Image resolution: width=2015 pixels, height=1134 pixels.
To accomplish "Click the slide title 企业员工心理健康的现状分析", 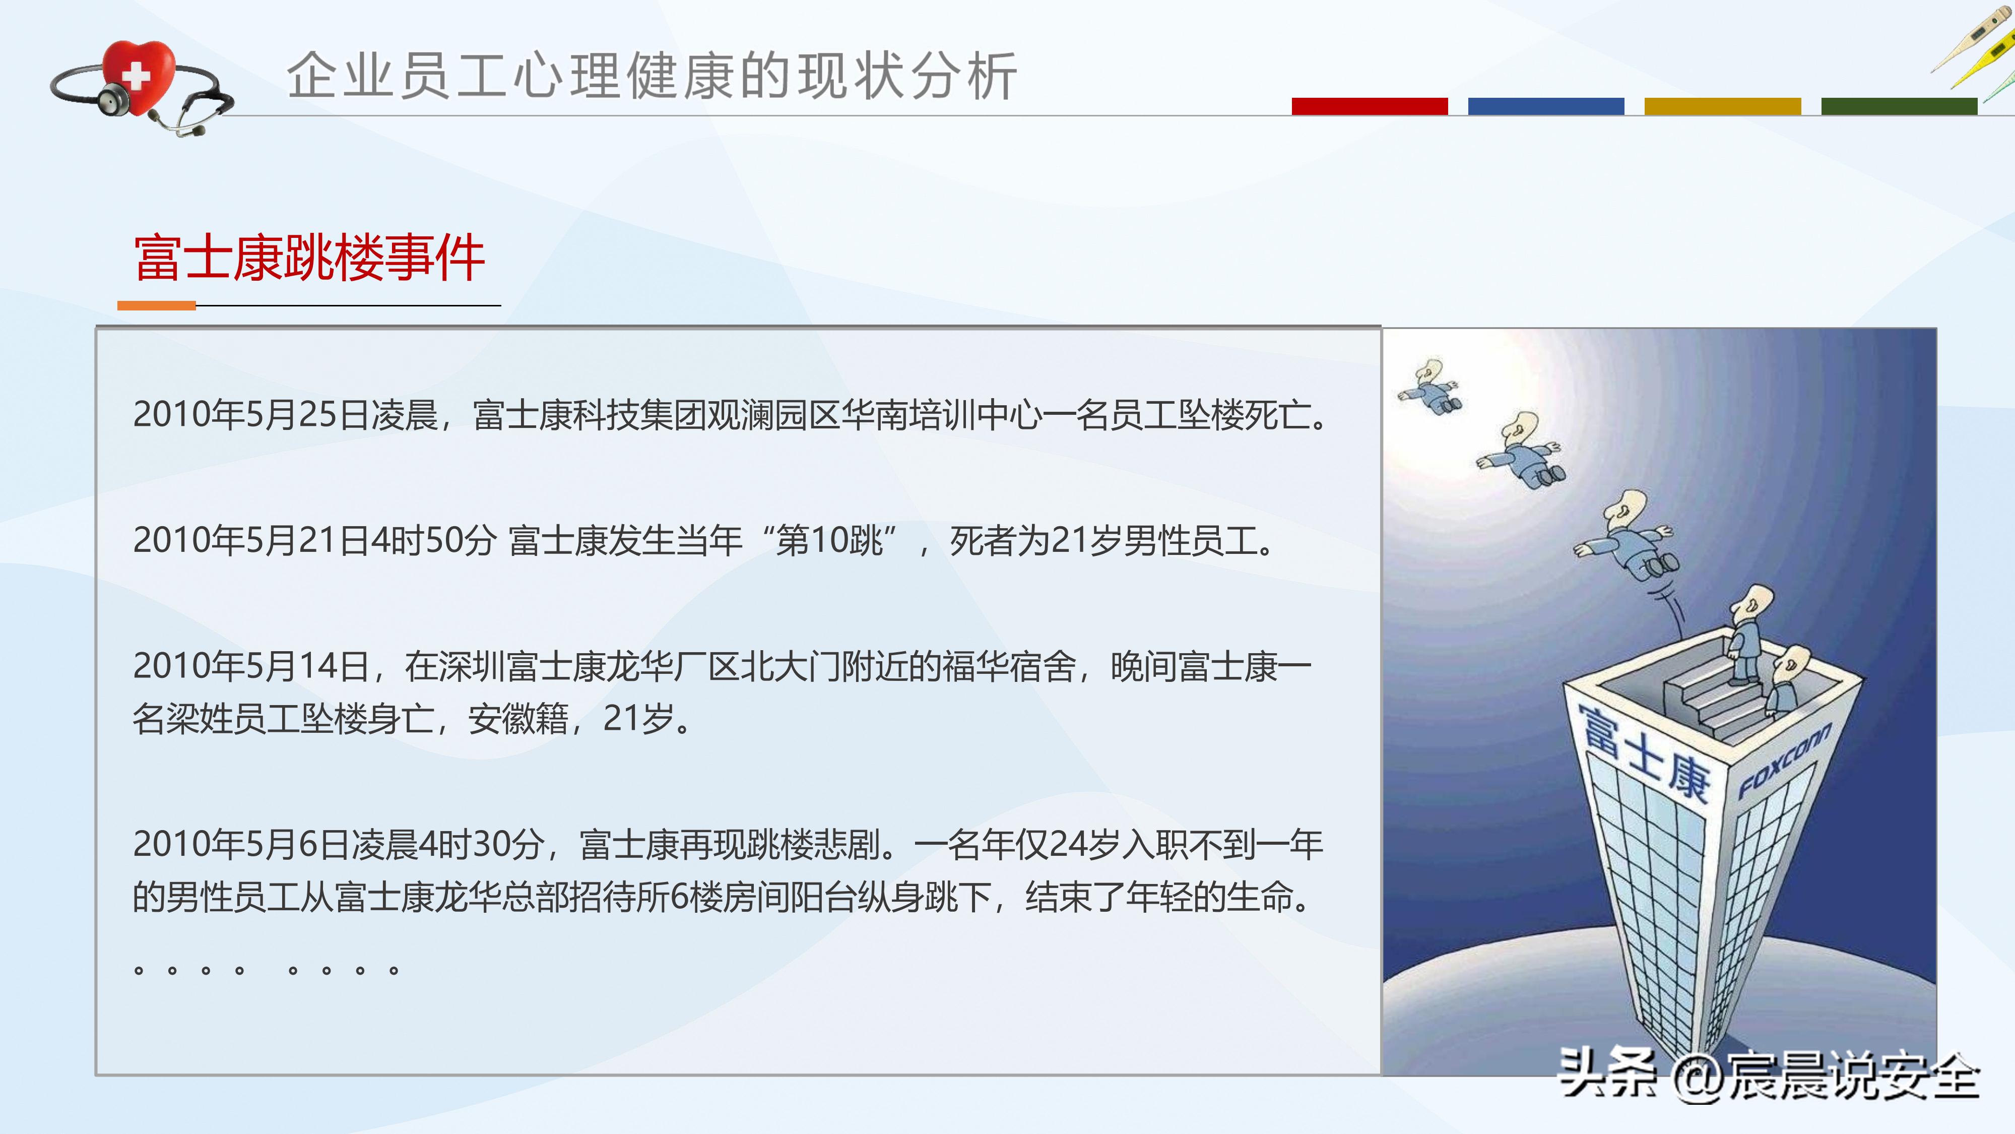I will (652, 76).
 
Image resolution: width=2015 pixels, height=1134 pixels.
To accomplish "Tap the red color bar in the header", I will (1369, 106).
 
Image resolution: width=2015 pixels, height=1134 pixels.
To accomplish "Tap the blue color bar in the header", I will (1546, 106).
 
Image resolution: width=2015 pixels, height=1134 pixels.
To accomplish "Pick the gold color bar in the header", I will (1722, 106).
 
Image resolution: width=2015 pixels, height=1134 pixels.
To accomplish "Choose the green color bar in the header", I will (1899, 106).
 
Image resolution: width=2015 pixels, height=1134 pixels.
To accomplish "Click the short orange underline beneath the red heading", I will (156, 305).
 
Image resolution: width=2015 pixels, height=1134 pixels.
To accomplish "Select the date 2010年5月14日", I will (250, 666).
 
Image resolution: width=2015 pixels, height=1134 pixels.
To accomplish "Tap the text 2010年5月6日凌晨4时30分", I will (338, 844).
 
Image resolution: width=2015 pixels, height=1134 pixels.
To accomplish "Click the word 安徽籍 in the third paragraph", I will (518, 718).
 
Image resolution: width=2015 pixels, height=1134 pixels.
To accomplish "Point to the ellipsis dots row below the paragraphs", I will (266, 970).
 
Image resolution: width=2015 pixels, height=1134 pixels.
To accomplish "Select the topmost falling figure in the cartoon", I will (1430, 388).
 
